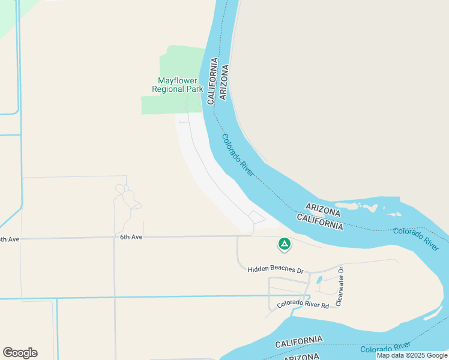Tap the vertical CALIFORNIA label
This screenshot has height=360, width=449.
tap(212, 81)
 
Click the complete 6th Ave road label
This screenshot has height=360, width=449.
tap(131, 237)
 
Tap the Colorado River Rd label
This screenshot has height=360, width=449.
tap(303, 304)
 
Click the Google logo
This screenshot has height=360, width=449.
tap(20, 353)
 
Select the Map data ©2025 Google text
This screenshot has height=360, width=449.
tap(412, 355)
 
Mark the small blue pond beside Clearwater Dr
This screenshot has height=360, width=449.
tap(319, 280)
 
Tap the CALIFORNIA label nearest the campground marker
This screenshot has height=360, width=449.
tap(320, 221)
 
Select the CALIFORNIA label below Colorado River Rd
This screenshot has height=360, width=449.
tap(298, 342)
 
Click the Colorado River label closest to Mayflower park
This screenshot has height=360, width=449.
tap(238, 154)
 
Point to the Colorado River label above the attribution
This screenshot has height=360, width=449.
tap(385, 347)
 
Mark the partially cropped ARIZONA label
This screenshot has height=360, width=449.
tap(301, 357)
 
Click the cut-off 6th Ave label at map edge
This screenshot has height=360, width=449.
tap(10, 239)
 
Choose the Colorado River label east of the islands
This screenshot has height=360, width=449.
tap(416, 238)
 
